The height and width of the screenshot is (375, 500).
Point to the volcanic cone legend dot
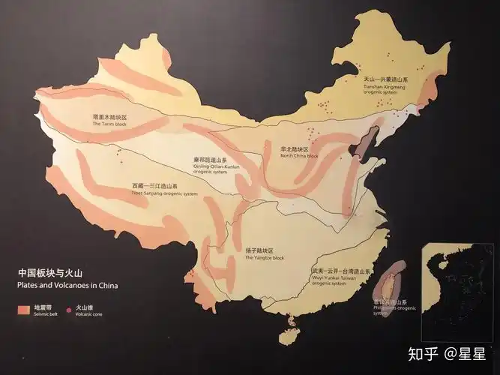click(70, 308)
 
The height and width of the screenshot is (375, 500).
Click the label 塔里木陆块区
click(110, 118)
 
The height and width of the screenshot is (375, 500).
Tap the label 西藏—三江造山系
click(155, 186)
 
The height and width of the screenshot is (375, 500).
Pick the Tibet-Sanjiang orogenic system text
click(164, 193)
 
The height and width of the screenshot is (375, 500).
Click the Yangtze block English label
click(265, 257)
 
